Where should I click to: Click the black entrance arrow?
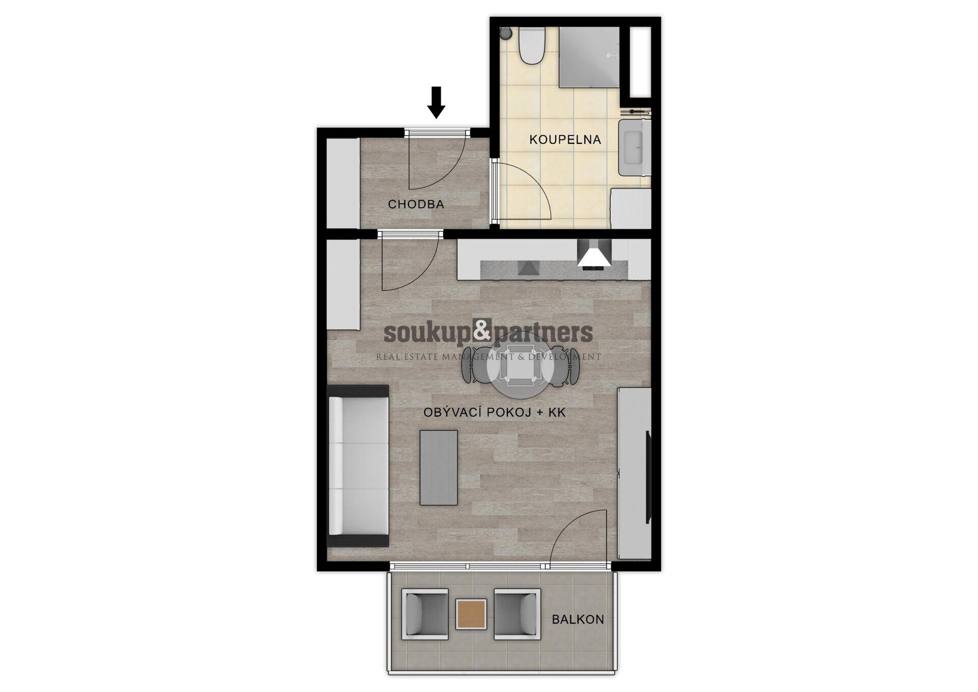[436, 103]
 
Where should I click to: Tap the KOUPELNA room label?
[565, 140]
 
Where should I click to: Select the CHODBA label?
[416, 204]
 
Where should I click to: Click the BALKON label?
[578, 620]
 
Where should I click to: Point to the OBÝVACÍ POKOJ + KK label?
[494, 412]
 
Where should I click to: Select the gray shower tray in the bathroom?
[589, 57]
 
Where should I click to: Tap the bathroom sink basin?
[634, 147]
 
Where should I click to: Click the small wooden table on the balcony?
[471, 614]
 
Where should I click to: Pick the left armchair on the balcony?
[425, 614]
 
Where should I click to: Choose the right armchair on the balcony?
[517, 614]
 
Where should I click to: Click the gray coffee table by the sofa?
[439, 468]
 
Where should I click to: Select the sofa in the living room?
[358, 465]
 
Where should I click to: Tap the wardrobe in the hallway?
[343, 183]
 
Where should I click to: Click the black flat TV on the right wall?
[648, 476]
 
